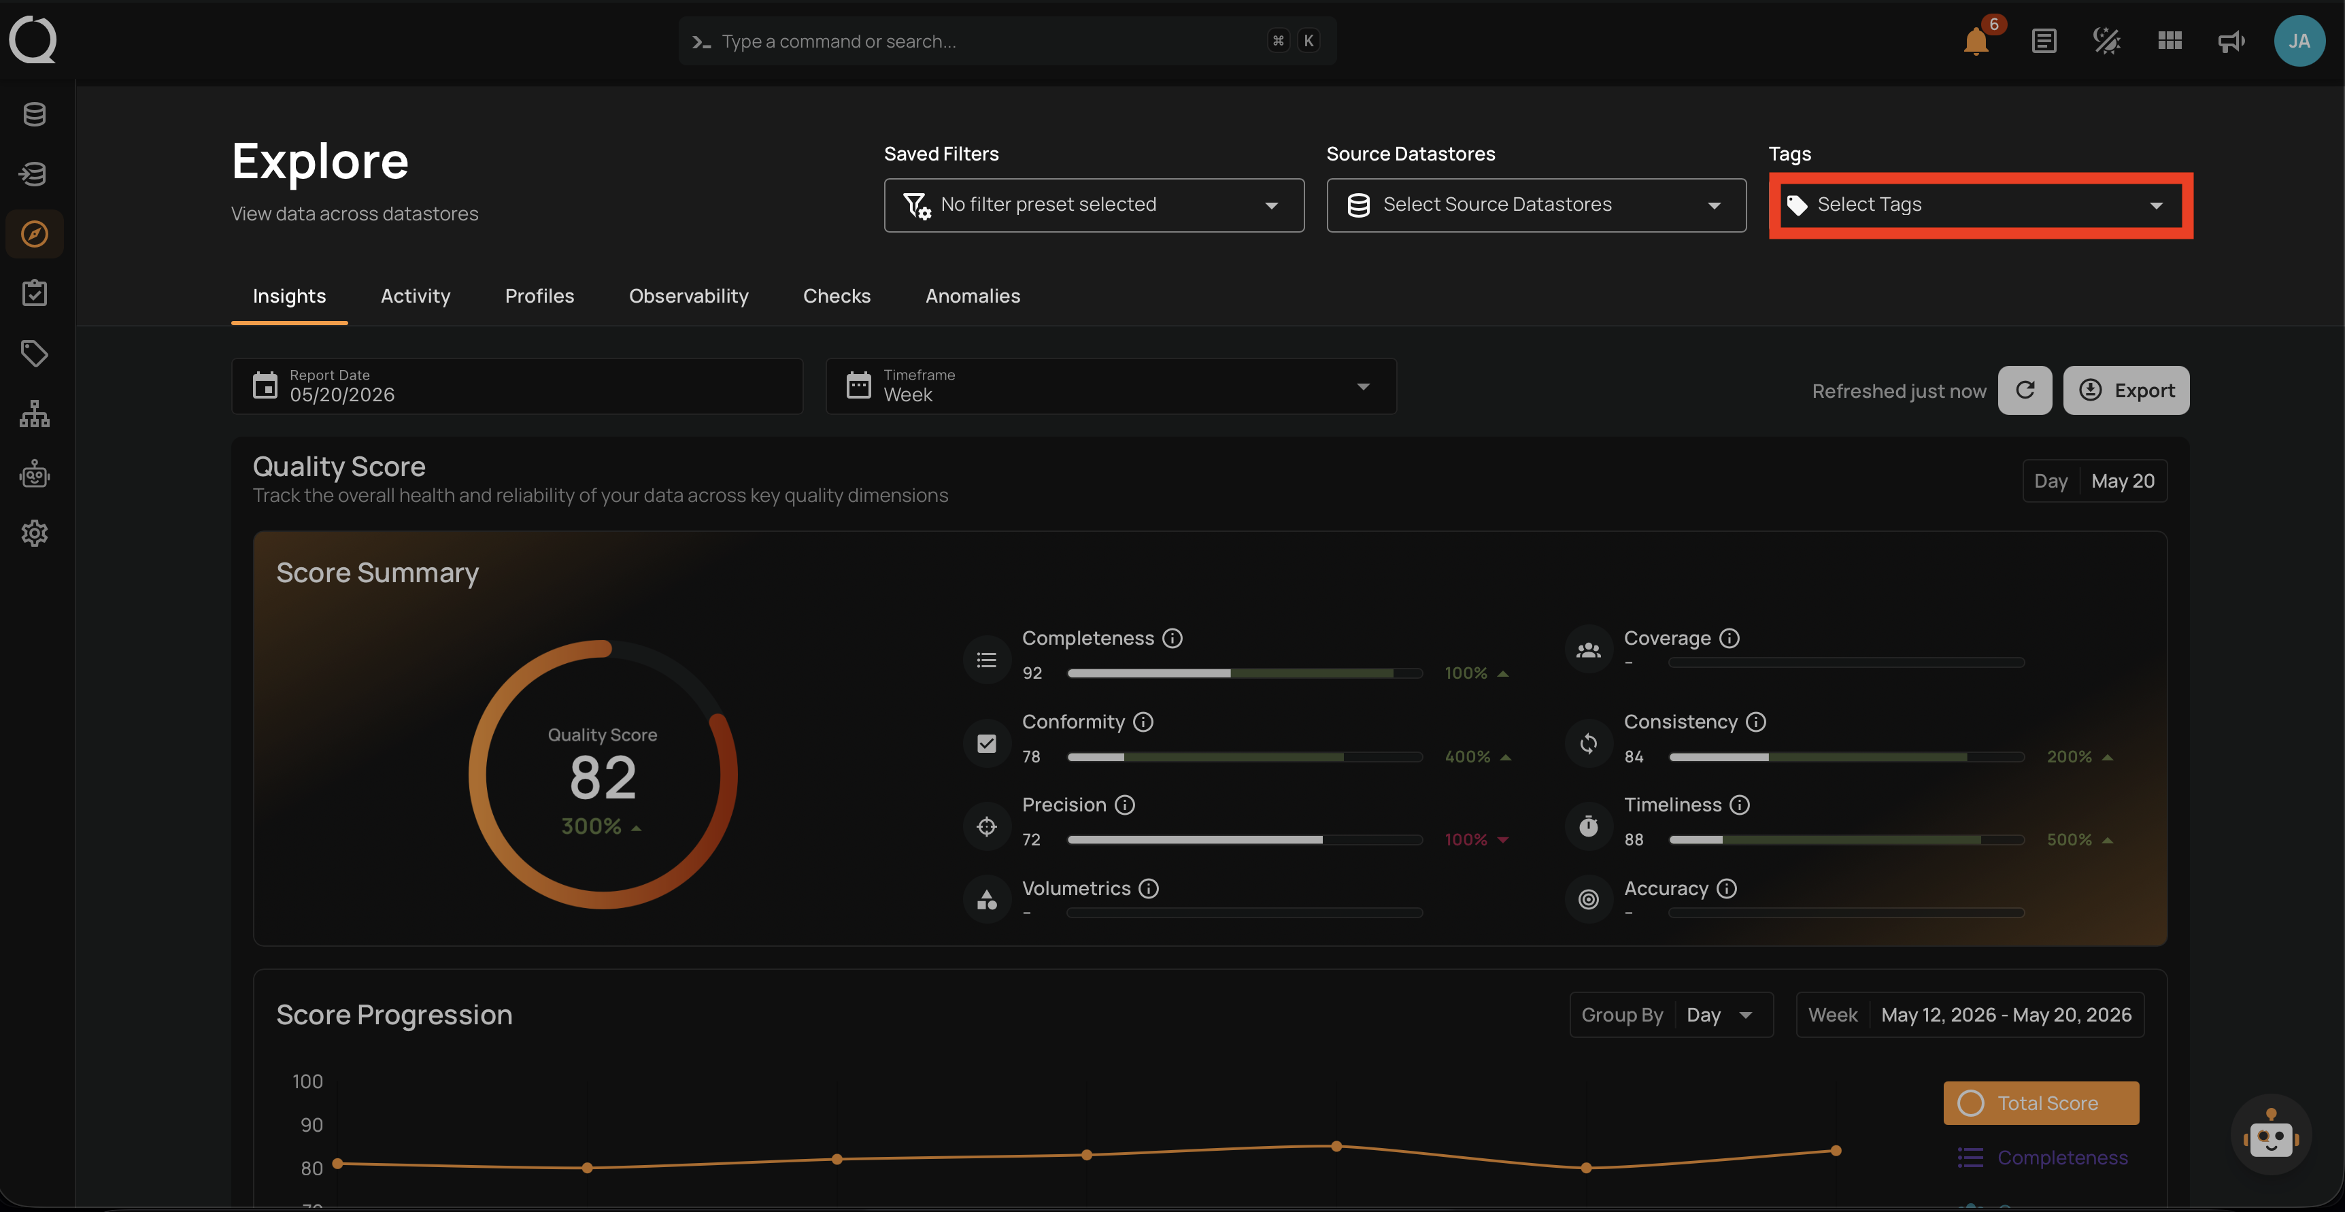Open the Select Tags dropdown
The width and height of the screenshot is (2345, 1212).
(x=1980, y=205)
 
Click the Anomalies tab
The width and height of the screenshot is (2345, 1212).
(x=973, y=296)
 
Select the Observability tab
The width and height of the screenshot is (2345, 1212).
(x=688, y=296)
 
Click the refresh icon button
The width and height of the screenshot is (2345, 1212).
(x=2025, y=390)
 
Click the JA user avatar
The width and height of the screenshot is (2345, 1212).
(x=2299, y=41)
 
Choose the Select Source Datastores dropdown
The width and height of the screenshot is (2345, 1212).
(x=1536, y=205)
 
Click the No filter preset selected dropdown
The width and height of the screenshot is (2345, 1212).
(x=1094, y=205)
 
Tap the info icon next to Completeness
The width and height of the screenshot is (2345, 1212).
(x=1172, y=639)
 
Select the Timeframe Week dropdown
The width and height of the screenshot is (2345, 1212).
(x=1111, y=386)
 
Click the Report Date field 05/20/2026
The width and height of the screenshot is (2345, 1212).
(x=517, y=386)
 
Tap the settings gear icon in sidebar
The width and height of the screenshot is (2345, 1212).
(x=35, y=534)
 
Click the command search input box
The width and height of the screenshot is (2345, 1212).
(x=1007, y=41)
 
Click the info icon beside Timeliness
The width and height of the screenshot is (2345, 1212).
(x=1740, y=805)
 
